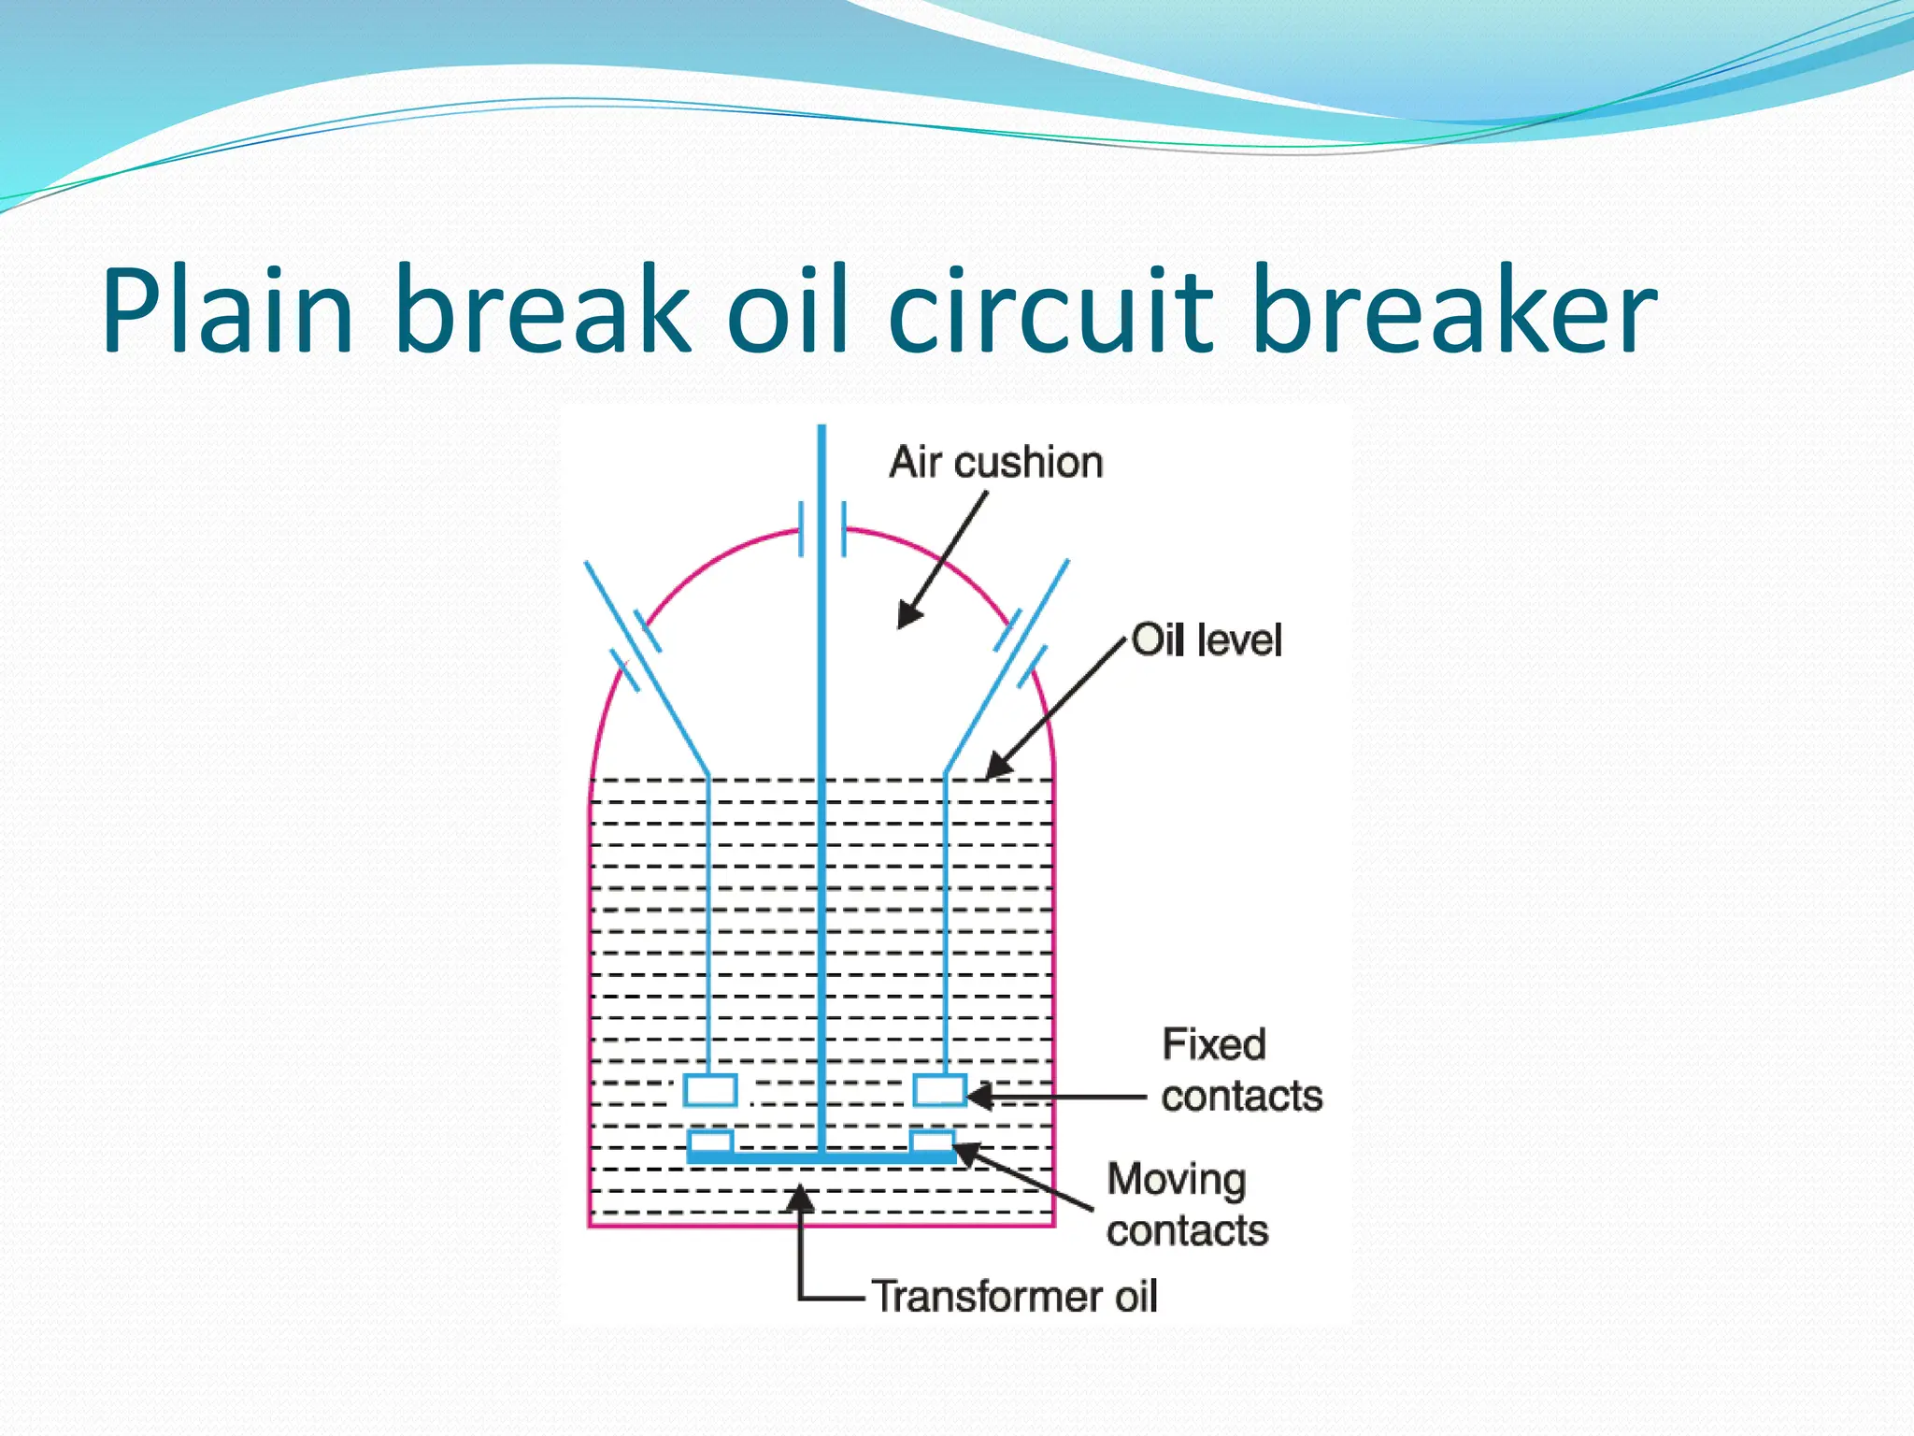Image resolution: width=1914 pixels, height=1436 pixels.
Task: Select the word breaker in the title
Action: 1452,310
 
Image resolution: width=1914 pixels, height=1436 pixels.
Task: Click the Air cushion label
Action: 995,463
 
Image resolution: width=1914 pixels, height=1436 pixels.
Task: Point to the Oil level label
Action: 1206,641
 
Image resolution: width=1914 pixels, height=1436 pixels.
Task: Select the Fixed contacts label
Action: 1240,1070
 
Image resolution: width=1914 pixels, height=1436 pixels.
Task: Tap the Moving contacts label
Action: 1186,1205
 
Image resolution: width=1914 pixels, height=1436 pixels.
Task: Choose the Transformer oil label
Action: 1014,1297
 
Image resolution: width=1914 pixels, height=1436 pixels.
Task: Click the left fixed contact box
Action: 710,1090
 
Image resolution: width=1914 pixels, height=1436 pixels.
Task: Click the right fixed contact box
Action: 939,1090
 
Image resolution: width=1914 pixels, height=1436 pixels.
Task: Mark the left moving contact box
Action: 710,1142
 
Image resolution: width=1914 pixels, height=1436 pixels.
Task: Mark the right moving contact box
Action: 932,1142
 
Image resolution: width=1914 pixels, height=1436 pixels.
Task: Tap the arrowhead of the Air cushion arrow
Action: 907,618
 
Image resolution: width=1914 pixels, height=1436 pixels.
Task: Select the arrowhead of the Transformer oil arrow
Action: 800,1197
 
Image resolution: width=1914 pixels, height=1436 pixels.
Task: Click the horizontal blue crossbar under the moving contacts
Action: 821,1158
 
